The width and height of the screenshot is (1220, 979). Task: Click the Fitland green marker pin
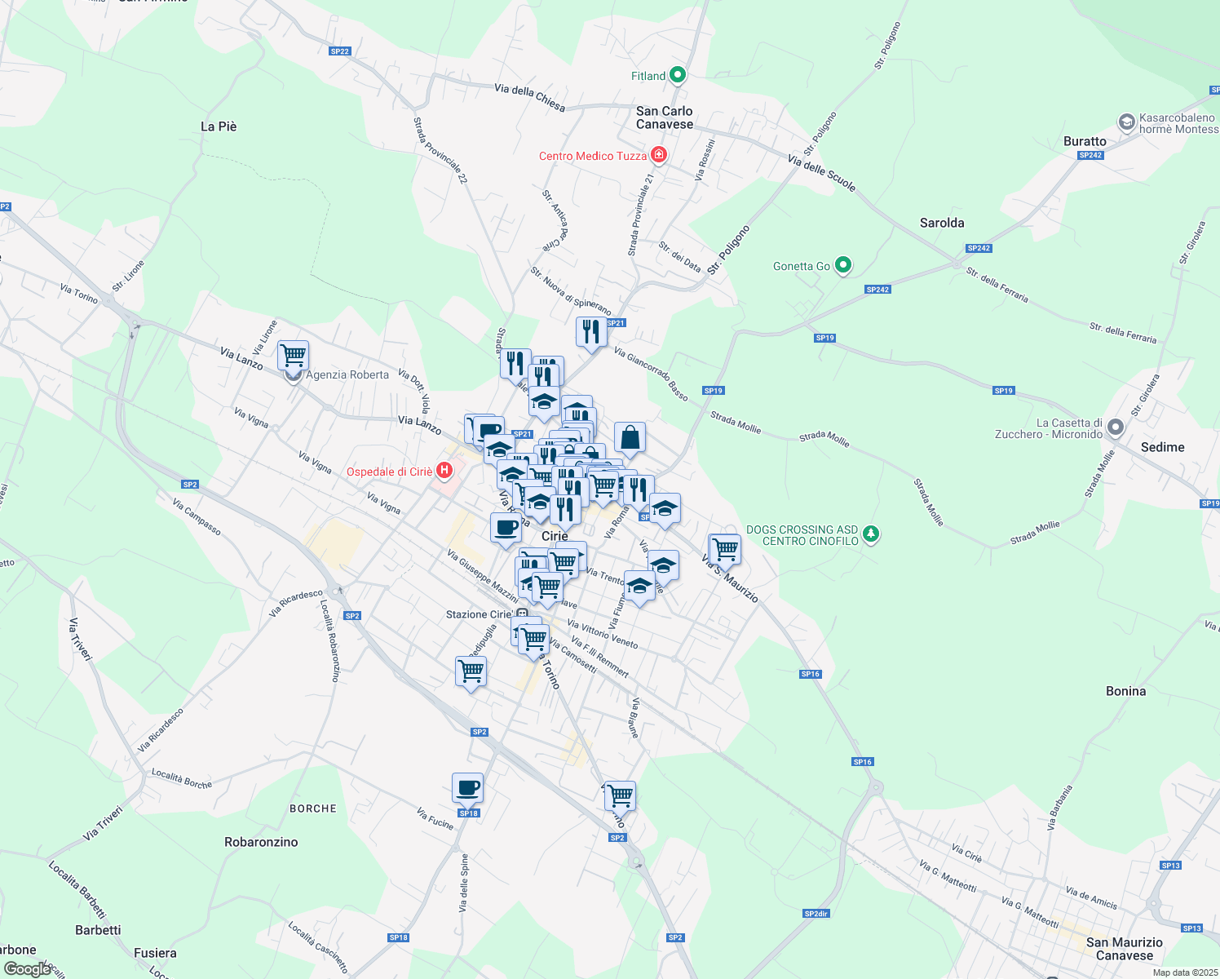[678, 76]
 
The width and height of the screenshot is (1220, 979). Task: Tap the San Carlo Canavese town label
[665, 117]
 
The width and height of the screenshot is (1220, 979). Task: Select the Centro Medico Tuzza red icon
[659, 155]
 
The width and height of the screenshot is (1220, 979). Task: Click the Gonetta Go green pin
[844, 265]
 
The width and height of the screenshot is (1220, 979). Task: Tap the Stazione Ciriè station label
[480, 614]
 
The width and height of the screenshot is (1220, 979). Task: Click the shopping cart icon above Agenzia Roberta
[293, 356]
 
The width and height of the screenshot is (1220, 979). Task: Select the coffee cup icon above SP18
[467, 788]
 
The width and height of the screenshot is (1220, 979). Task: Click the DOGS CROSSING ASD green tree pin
[872, 534]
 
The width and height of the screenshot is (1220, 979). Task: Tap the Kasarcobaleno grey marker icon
[1127, 123]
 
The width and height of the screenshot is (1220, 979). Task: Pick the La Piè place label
[219, 126]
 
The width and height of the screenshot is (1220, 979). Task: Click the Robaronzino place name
[261, 842]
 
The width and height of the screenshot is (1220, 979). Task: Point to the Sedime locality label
[1163, 447]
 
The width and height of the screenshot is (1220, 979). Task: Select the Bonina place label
[1125, 691]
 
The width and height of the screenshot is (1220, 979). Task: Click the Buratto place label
[1085, 141]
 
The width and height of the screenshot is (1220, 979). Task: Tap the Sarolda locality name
[942, 223]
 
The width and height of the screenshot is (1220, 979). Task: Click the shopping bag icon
[630, 438]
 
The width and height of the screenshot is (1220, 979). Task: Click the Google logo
[28, 969]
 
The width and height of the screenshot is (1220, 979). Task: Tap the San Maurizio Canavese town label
[1125, 949]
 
